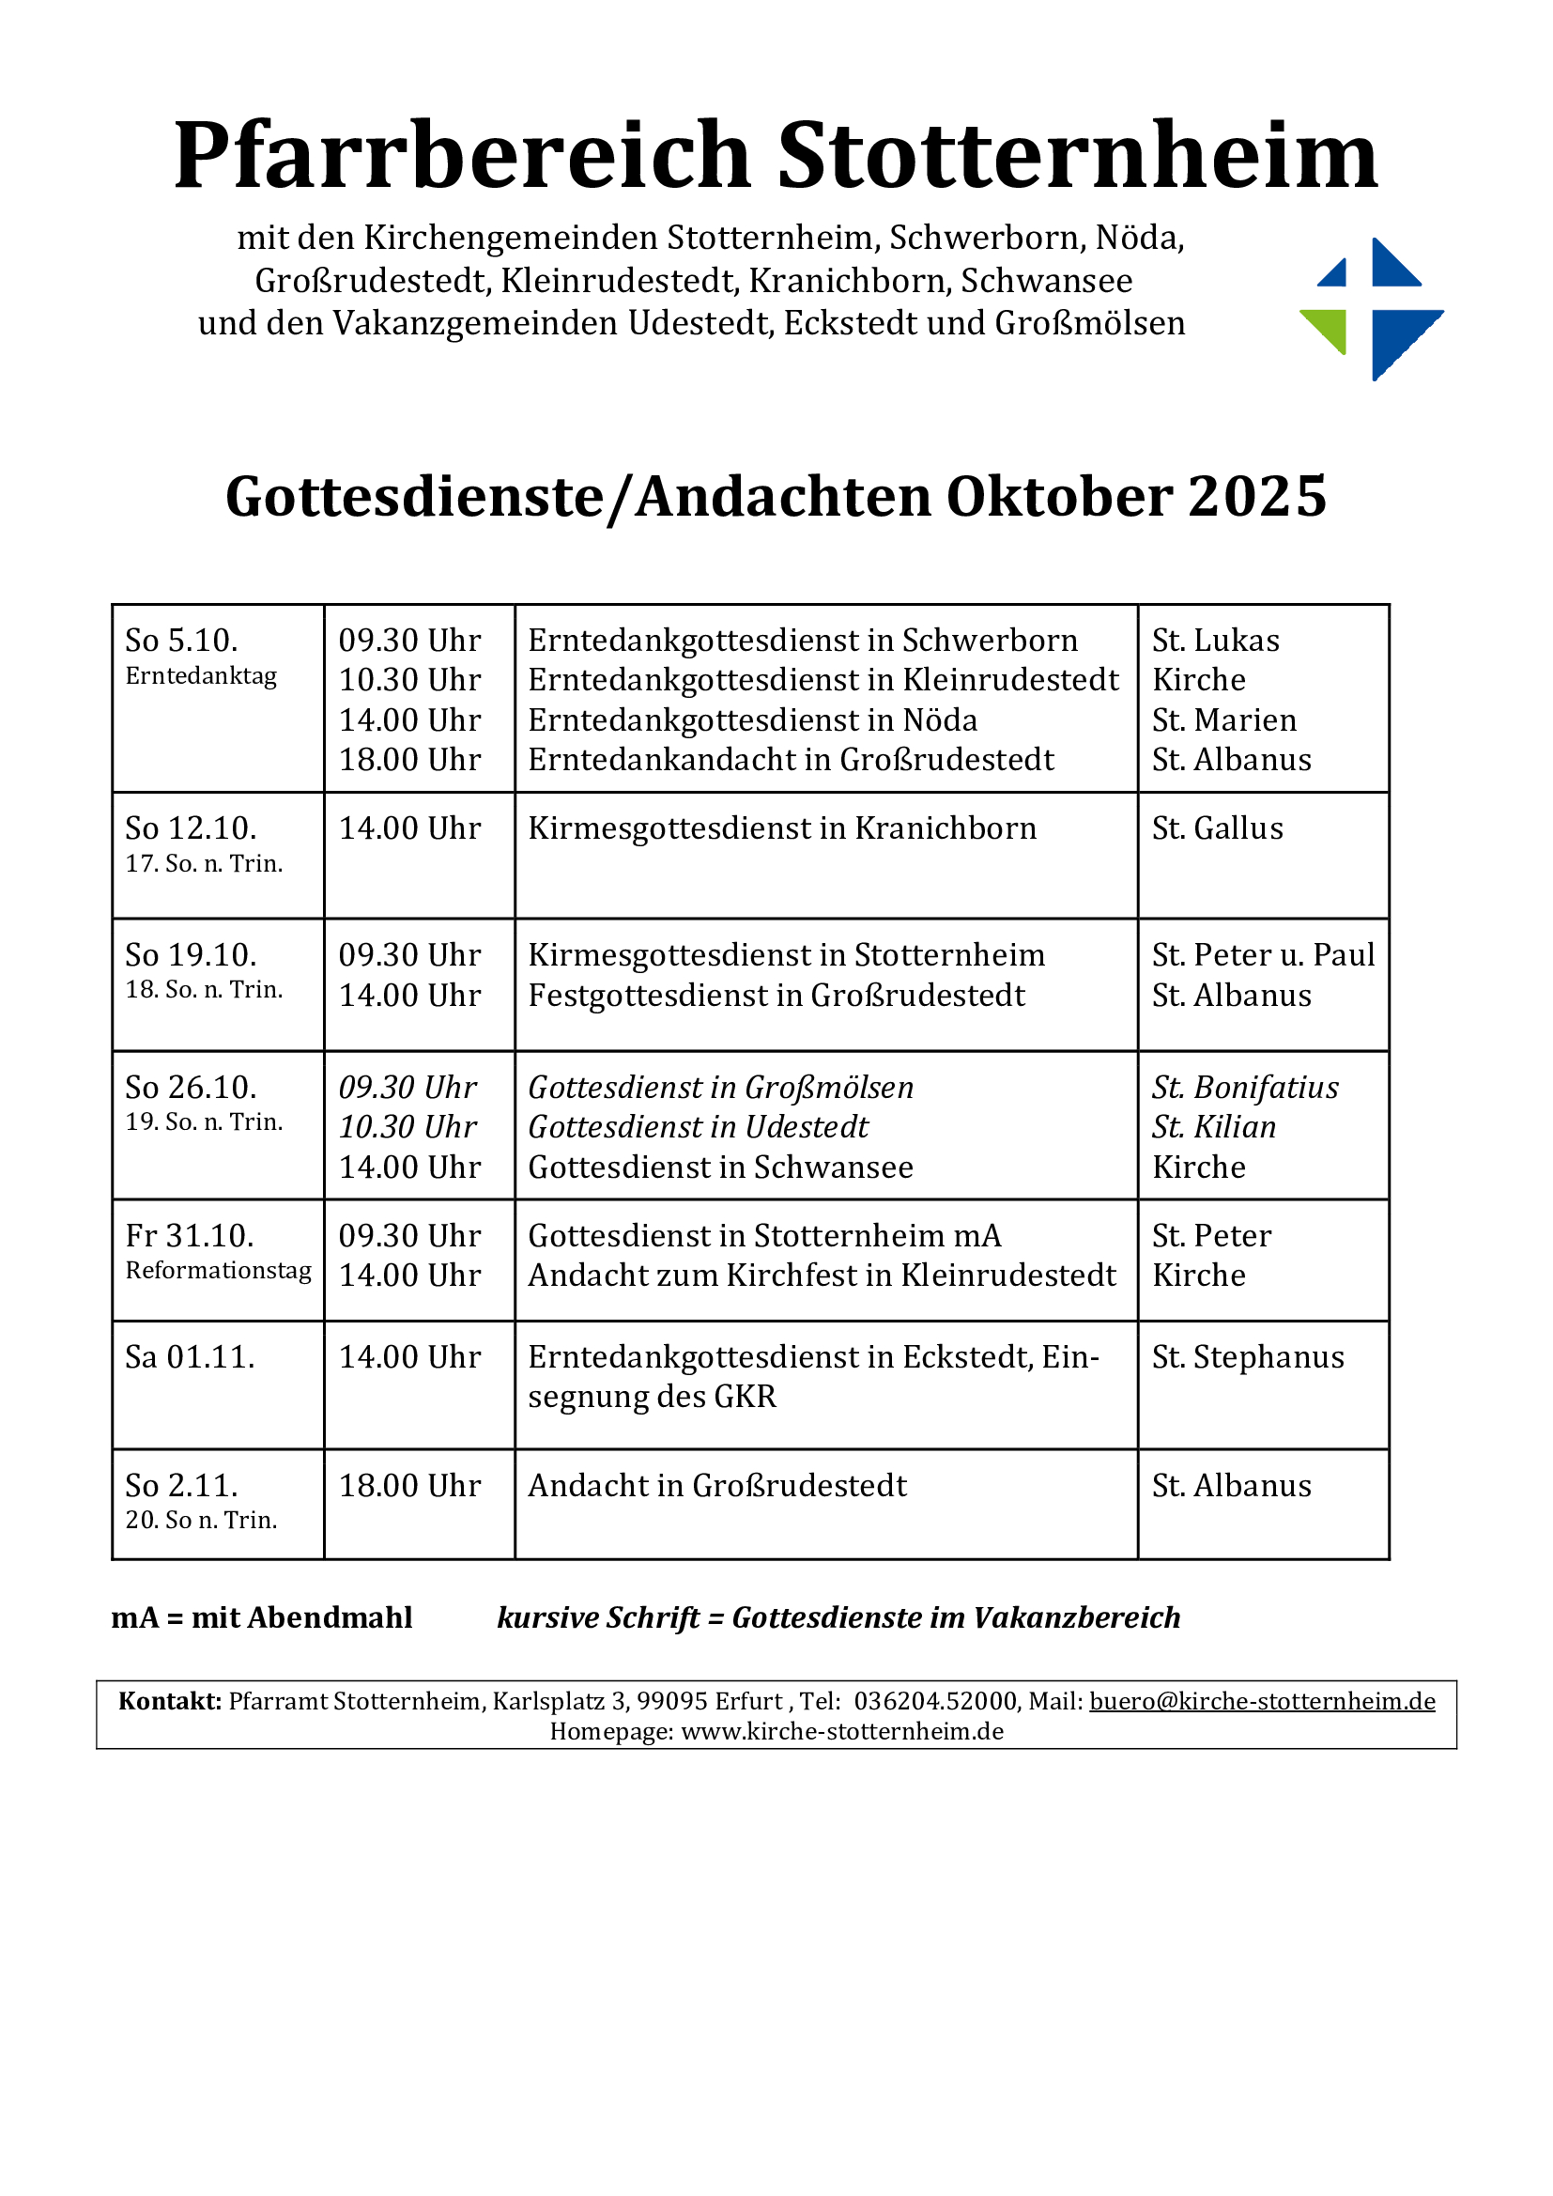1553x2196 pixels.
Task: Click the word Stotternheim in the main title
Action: click(1078, 155)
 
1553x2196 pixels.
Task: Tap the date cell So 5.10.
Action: click(182, 640)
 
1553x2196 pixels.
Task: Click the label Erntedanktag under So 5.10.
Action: click(201, 676)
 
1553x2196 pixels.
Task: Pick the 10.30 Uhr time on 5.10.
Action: click(409, 680)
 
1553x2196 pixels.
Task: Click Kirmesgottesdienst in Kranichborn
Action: click(781, 828)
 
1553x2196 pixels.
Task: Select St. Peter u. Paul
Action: click(1262, 954)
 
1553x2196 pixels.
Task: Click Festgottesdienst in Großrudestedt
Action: click(776, 996)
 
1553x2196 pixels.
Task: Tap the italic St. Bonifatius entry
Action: click(1244, 1088)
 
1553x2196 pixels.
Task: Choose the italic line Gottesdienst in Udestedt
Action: click(698, 1128)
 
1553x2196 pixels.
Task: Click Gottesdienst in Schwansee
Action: click(720, 1168)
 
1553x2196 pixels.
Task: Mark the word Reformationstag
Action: click(218, 1271)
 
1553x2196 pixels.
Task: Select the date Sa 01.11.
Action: click(191, 1357)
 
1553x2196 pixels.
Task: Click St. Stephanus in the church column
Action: click(1247, 1357)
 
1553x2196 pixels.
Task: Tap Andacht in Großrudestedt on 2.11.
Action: click(717, 1485)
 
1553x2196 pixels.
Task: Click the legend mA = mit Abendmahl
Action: click(262, 1617)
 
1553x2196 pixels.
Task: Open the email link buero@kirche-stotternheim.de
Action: click(1261, 1702)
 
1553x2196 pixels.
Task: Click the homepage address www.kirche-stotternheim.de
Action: click(841, 1731)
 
